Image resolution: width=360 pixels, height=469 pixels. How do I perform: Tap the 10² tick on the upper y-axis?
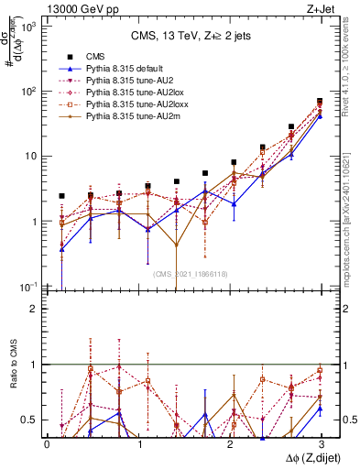[x=31, y=92]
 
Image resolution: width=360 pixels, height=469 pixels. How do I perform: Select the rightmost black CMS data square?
[x=320, y=102]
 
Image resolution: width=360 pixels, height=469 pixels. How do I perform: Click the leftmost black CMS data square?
[x=61, y=196]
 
